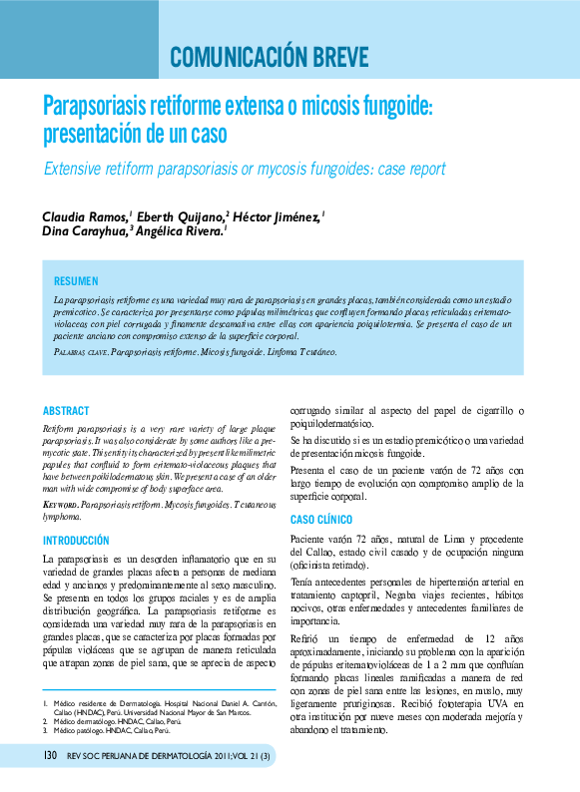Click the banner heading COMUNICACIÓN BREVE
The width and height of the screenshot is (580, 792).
(269, 55)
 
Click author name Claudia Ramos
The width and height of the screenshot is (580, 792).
(84, 216)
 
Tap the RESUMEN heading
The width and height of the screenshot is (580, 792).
(76, 282)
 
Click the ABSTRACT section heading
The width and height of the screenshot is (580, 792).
(66, 411)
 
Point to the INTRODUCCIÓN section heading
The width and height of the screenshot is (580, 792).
(76, 540)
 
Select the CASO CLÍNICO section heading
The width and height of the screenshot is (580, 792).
(320, 520)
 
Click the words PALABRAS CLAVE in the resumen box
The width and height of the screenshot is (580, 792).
(80, 353)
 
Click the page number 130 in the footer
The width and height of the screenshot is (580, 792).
(50, 772)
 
